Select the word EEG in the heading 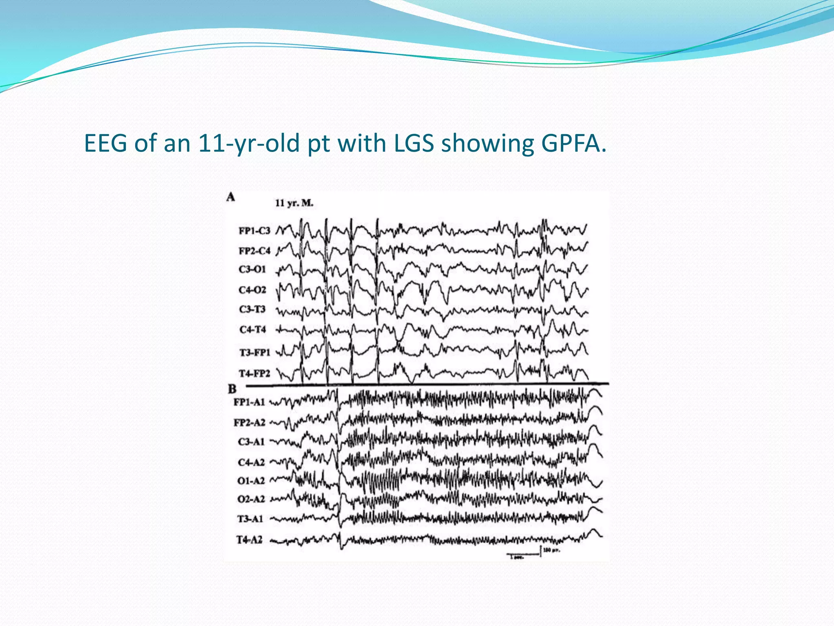click(106, 143)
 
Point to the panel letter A click(231, 197)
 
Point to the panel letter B click(232, 389)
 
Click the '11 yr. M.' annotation click(294, 203)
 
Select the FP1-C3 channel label click(254, 231)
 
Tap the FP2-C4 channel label click(254, 251)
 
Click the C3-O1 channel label click(252, 269)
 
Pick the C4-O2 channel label click(252, 290)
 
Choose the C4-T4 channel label click(252, 329)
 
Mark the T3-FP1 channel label click(255, 352)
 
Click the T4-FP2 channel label click(254, 373)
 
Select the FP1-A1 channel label click(249, 402)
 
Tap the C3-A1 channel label click(251, 442)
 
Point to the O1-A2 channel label click(251, 481)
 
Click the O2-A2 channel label click(251, 499)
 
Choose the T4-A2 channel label click(249, 540)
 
